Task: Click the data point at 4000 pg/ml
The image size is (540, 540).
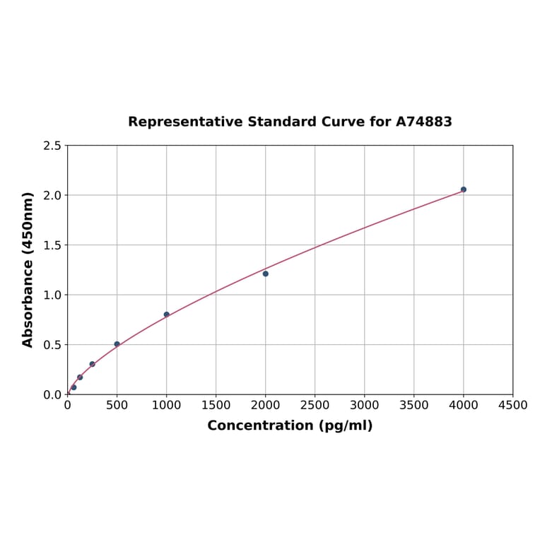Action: tap(463, 189)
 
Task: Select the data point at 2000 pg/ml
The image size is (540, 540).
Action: tap(265, 274)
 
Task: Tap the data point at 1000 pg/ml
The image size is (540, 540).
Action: tap(167, 315)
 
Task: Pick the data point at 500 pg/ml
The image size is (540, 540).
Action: tap(117, 344)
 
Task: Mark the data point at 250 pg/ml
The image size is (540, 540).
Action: tap(92, 364)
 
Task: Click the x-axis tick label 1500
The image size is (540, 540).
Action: tap(216, 405)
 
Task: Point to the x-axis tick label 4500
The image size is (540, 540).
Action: tap(512, 405)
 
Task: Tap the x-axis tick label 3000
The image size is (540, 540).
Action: tap(364, 405)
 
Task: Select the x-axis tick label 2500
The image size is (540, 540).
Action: tap(315, 405)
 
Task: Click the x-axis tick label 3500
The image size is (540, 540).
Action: tap(413, 405)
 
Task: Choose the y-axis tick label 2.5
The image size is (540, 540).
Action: tap(52, 146)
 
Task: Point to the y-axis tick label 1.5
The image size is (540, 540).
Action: tap(52, 245)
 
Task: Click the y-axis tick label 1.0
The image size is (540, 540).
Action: tap(52, 295)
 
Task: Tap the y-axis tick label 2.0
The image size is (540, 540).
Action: tap(52, 195)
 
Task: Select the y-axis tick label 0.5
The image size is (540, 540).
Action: tap(52, 345)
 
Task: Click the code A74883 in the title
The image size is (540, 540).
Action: tap(423, 122)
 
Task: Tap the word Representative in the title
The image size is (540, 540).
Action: tap(185, 122)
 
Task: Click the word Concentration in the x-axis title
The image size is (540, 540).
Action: tap(259, 425)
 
